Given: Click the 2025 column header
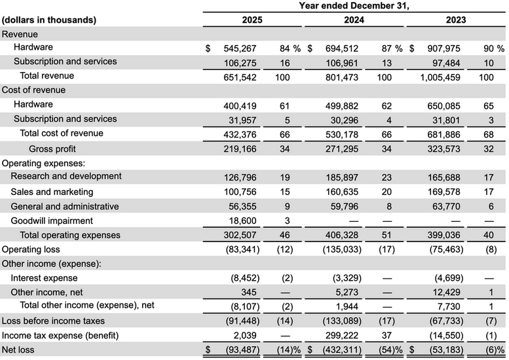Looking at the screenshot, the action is coord(252,20).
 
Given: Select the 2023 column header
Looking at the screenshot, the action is coord(456,20).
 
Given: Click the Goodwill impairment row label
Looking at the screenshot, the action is coord(52,221).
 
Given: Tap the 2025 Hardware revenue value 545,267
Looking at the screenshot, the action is coord(240,48).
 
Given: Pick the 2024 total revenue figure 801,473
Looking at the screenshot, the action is coord(342,77).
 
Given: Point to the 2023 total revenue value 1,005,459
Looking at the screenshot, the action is coord(440,77).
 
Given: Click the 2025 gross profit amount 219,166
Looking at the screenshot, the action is coord(240,149).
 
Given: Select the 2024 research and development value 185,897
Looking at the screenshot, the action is coord(342,178).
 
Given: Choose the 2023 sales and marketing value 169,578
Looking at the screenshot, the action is coord(443,192).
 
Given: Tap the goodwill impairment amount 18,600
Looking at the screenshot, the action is coord(242,221).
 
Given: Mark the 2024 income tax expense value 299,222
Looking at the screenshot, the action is coord(342,335).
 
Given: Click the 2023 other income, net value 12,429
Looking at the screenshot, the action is coord(446,292).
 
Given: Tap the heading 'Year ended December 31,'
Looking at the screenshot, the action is coord(354,6).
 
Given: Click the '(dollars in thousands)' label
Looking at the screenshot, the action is coord(49,20).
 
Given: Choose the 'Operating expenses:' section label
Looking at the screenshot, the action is coord(43,163).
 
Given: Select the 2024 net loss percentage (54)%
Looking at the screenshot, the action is coord(390,350).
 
